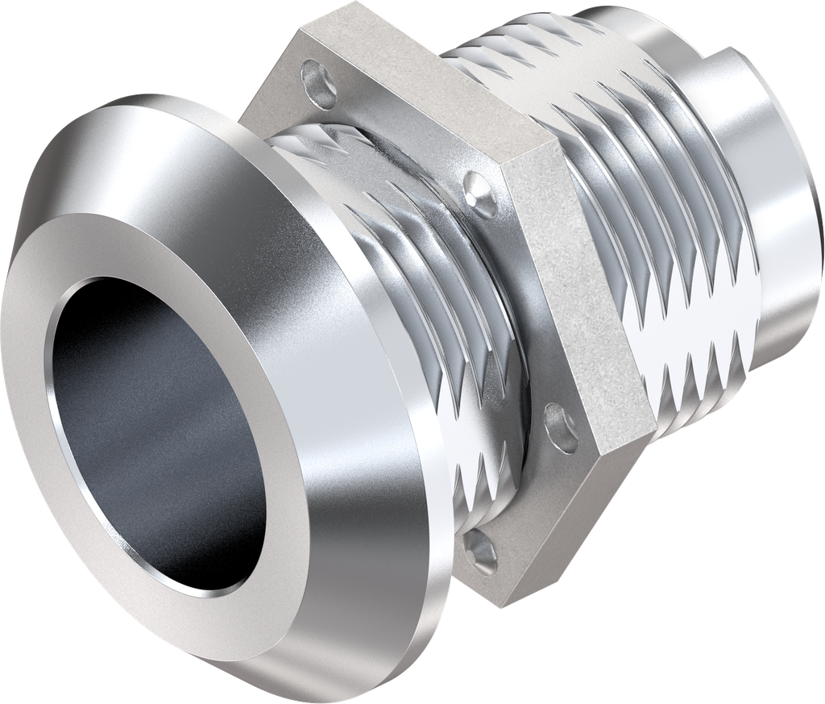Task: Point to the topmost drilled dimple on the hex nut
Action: point(318,85)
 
